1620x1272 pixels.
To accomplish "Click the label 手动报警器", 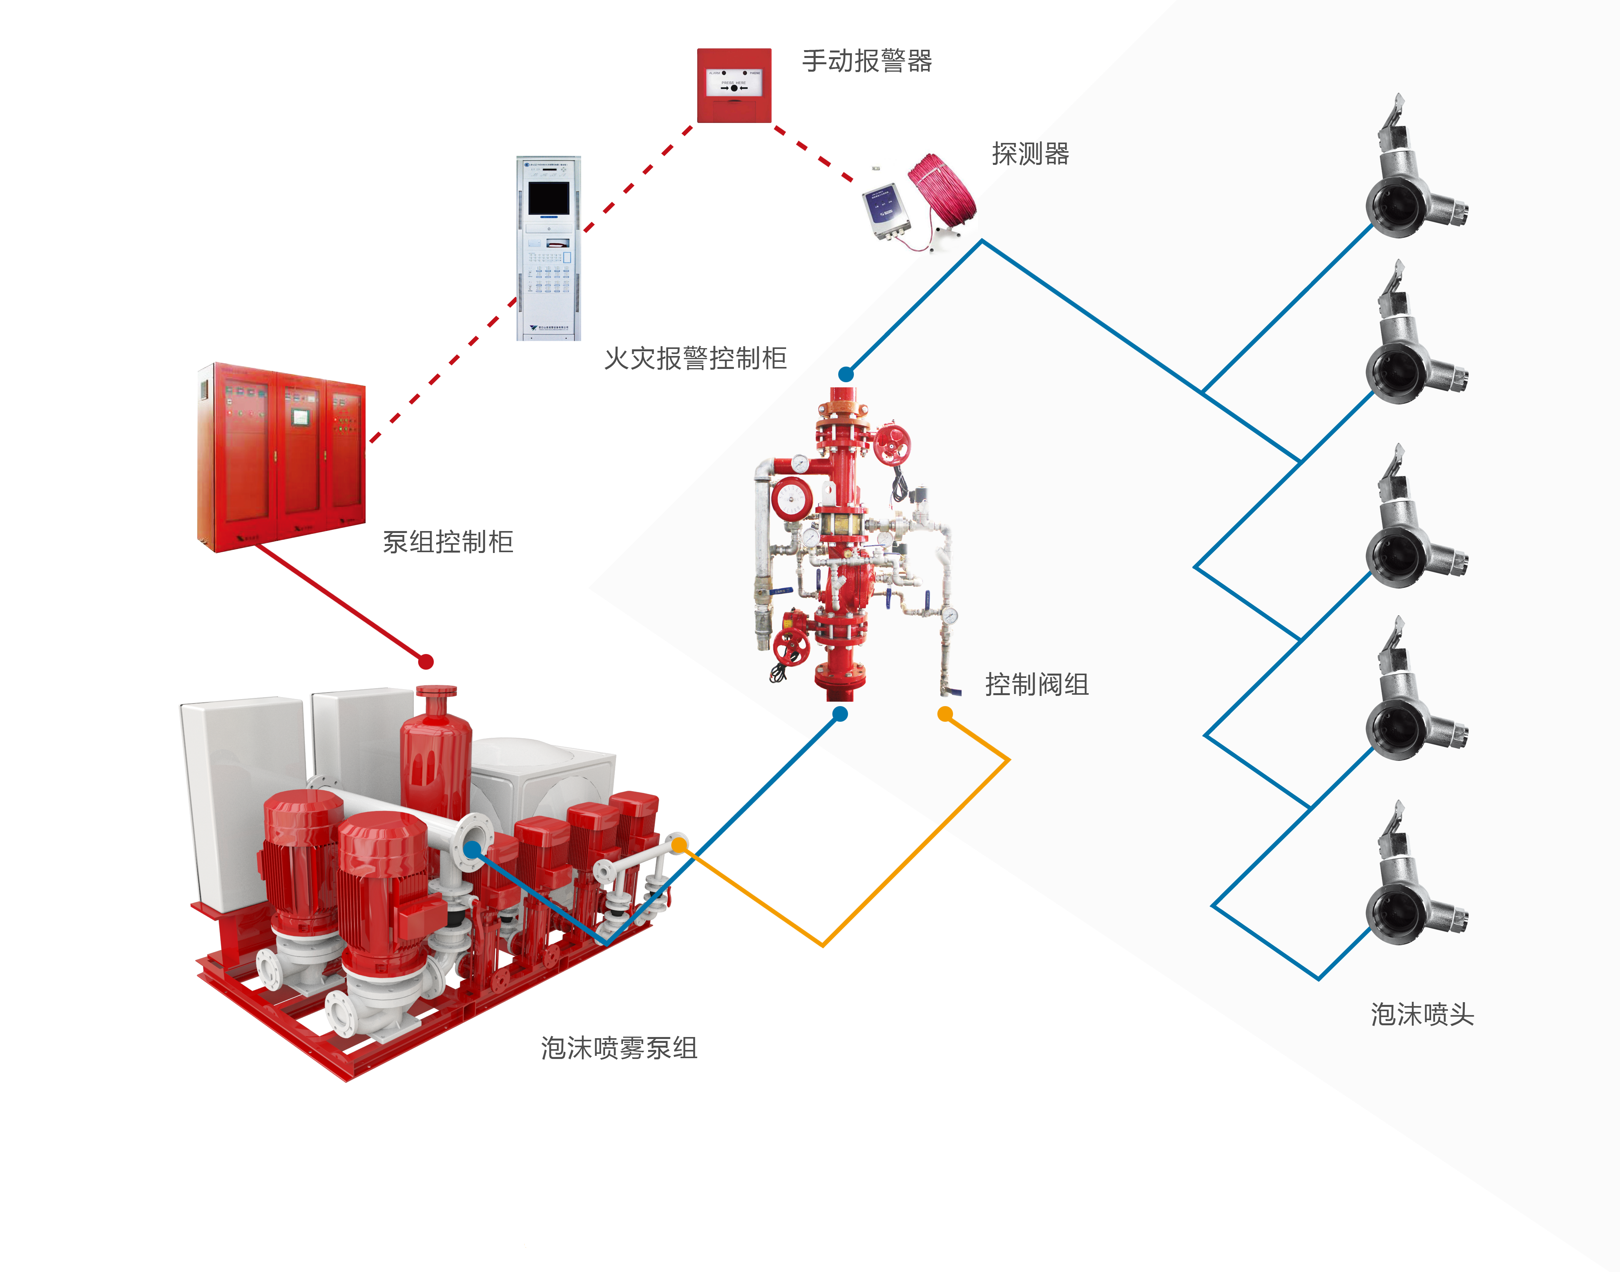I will (867, 61).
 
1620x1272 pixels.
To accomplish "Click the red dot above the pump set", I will (426, 661).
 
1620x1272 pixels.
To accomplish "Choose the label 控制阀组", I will (1037, 684).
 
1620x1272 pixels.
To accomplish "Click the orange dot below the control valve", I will (945, 714).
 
